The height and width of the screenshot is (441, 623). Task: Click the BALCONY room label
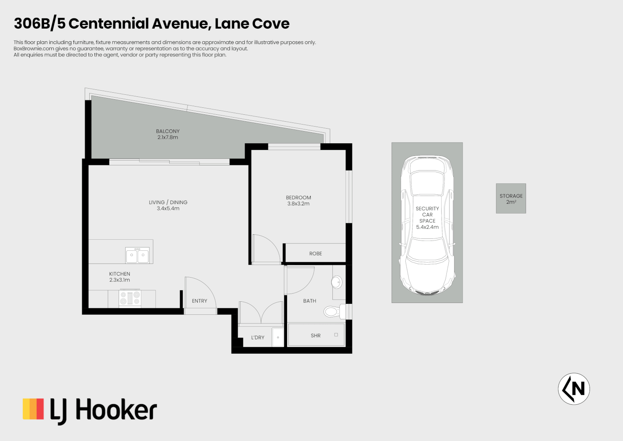click(168, 131)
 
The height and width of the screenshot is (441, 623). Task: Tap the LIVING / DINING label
click(168, 202)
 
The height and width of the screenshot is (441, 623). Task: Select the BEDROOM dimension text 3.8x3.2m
click(298, 204)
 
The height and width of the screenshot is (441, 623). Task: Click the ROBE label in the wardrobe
click(316, 254)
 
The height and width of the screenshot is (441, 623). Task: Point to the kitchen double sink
click(137, 255)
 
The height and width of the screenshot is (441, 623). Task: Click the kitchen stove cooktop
click(130, 298)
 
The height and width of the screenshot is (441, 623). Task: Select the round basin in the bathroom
click(337, 282)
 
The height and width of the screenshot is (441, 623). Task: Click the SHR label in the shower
click(316, 336)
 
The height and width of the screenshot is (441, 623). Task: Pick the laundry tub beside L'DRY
click(278, 337)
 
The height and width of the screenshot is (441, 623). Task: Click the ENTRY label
click(199, 301)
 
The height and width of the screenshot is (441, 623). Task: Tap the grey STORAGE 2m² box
click(511, 198)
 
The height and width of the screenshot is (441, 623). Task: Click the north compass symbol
click(574, 389)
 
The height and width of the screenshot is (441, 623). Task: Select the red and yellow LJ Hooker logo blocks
click(33, 409)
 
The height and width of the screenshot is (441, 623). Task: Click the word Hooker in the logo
click(116, 410)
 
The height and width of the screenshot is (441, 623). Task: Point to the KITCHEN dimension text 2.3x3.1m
click(119, 280)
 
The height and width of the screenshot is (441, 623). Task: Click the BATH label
click(309, 301)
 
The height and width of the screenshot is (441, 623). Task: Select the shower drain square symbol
click(336, 335)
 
